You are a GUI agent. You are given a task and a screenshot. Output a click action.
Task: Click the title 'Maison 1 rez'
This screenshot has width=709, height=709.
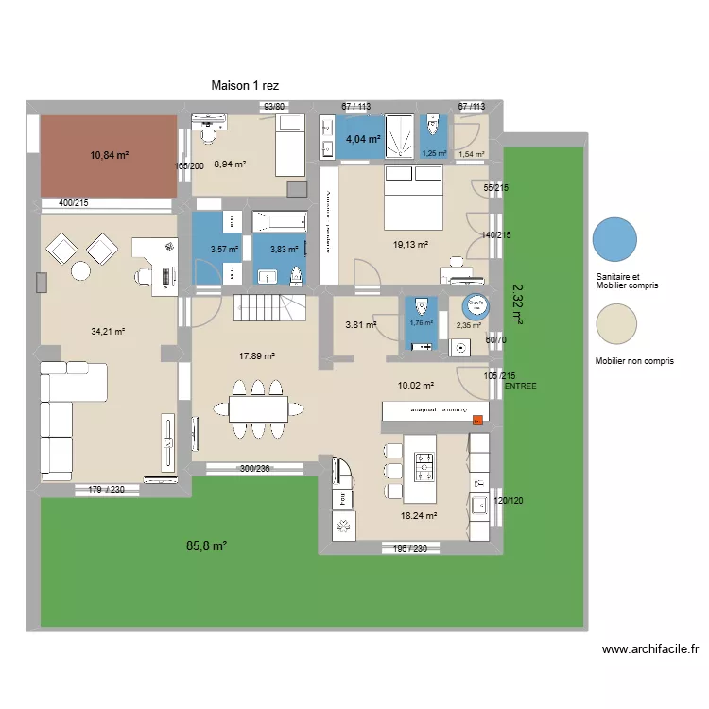(245, 86)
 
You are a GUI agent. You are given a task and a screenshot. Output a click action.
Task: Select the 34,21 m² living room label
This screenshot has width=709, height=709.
(108, 332)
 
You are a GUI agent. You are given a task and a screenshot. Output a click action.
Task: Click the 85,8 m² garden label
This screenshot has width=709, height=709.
(205, 545)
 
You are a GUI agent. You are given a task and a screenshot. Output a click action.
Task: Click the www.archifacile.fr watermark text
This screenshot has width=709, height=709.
(649, 649)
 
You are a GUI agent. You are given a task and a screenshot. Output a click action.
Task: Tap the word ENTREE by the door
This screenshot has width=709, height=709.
(521, 387)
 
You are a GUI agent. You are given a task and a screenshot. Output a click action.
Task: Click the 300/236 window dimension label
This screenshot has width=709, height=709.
(255, 468)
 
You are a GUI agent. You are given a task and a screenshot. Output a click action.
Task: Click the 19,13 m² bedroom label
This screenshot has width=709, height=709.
(410, 245)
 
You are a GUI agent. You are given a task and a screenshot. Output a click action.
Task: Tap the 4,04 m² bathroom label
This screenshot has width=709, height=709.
(363, 139)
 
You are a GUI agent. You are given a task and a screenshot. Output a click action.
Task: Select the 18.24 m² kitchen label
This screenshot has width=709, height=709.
(419, 516)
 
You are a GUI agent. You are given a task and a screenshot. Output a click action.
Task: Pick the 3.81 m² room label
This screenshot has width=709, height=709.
(360, 325)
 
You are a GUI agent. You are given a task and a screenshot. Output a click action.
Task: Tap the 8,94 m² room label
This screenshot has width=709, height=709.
(230, 164)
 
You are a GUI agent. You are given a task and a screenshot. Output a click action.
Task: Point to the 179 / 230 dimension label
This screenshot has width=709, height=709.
(107, 489)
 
